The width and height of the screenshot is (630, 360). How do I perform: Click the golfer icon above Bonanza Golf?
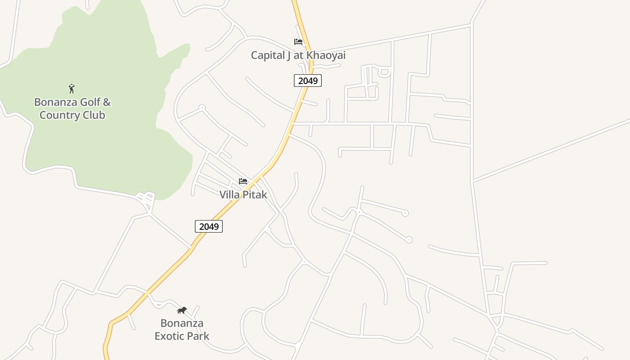tap(72, 89)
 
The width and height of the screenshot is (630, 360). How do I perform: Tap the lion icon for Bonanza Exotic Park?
tap(182, 310)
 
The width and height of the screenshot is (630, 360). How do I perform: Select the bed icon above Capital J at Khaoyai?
tap(298, 42)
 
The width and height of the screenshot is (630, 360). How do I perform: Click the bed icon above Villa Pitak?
tap(243, 181)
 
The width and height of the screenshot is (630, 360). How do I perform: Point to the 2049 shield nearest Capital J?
tap(308, 81)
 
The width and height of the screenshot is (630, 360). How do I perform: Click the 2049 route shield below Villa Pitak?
tap(209, 226)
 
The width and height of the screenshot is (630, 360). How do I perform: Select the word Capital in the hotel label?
tap(267, 55)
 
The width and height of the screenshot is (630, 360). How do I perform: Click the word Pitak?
tap(255, 195)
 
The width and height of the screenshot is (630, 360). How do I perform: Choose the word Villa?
tap(230, 195)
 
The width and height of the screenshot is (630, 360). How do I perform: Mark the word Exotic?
tap(170, 336)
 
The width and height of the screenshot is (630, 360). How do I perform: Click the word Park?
tap(198, 336)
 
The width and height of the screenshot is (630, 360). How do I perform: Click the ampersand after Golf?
tap(107, 102)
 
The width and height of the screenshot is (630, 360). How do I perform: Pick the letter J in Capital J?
tap(288, 55)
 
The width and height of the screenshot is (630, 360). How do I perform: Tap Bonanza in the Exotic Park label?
tap(182, 323)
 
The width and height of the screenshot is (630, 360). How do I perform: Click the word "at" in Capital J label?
tap(298, 55)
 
